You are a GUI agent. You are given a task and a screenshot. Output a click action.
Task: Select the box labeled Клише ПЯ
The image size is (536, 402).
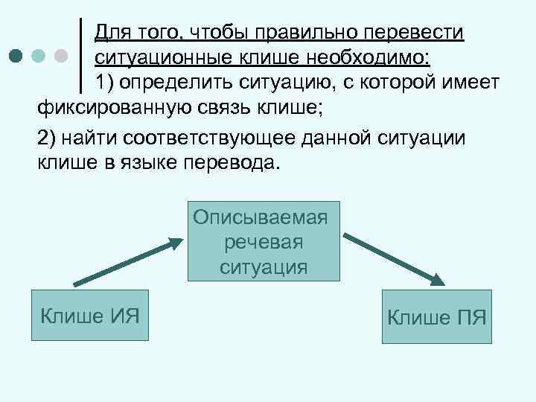click(437, 319)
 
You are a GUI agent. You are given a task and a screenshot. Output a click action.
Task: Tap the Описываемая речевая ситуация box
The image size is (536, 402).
click(264, 242)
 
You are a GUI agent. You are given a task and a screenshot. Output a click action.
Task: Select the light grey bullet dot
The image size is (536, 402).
click(62, 56)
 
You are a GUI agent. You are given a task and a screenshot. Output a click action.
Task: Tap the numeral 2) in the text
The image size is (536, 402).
click(48, 138)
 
